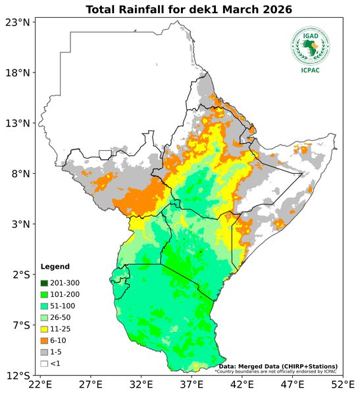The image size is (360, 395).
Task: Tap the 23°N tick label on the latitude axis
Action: (x=18, y=22)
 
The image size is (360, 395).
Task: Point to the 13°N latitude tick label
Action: (x=18, y=123)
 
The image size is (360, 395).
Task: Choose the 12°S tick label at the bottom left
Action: (x=18, y=375)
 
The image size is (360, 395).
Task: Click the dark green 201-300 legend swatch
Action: (x=45, y=283)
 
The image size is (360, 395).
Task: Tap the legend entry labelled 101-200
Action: (x=63, y=294)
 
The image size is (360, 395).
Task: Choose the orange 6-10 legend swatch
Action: (x=45, y=340)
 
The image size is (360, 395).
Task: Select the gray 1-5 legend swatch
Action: (x=45, y=352)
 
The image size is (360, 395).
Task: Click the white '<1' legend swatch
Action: (x=45, y=363)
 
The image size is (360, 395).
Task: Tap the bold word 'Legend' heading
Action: (x=55, y=267)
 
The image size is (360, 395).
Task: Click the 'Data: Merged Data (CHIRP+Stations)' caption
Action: (x=278, y=366)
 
